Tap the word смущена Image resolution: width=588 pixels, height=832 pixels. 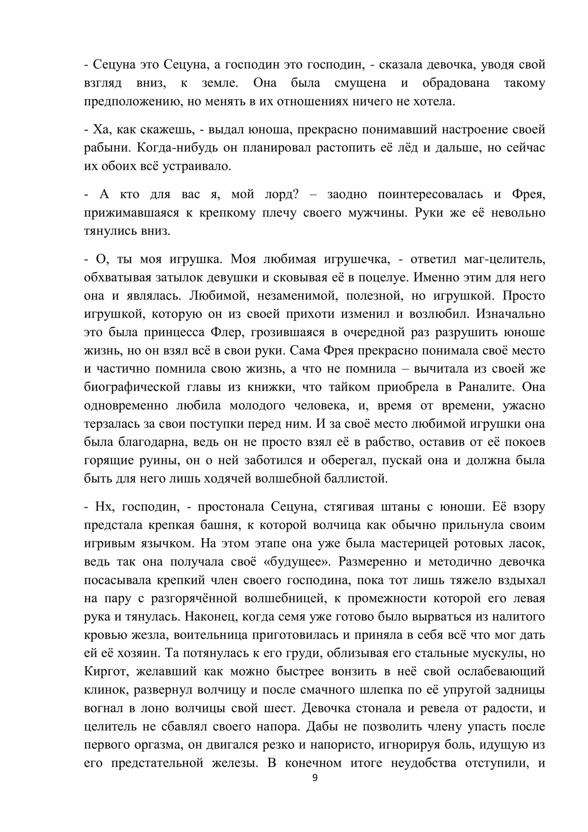click(360, 83)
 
